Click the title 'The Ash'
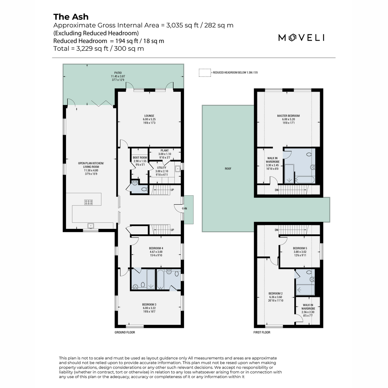[x=71, y=17]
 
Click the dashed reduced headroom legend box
[x=205, y=73]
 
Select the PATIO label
[x=118, y=73]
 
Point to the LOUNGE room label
[x=149, y=116]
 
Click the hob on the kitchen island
[x=88, y=202]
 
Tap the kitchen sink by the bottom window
[x=91, y=226]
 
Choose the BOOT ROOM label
[x=140, y=158]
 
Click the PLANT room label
[x=165, y=150]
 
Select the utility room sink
[x=178, y=168]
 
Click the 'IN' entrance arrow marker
[x=184, y=209]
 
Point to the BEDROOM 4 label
[x=156, y=248]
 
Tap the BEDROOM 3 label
[x=149, y=305]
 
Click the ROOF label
[x=228, y=168]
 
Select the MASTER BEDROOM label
[x=288, y=116]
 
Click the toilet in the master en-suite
[x=309, y=154]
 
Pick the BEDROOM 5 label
[x=300, y=248]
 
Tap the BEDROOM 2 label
[x=275, y=293]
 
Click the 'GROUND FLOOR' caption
[x=124, y=332]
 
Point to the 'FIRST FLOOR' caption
[x=262, y=332]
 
